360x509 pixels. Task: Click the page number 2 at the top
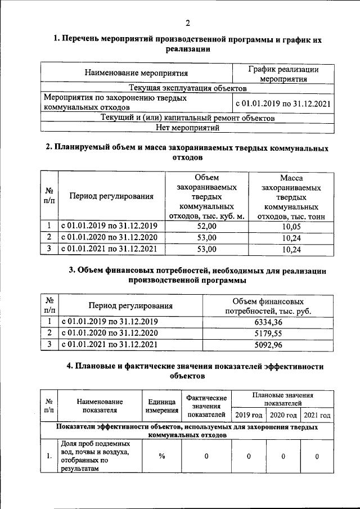(x=188, y=22)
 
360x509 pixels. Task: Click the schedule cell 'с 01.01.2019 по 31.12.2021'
(x=282, y=104)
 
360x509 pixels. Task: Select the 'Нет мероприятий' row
(x=187, y=128)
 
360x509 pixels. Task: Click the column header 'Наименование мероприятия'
(x=136, y=73)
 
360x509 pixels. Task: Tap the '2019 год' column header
(x=249, y=415)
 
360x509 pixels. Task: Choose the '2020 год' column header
(x=283, y=415)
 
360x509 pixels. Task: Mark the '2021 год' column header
(x=317, y=415)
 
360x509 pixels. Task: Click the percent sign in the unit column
(x=161, y=456)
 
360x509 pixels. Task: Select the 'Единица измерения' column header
(x=163, y=406)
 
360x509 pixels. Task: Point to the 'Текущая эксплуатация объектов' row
(x=187, y=89)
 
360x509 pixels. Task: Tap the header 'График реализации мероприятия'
(x=283, y=74)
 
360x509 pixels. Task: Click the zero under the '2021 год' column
(x=317, y=456)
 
